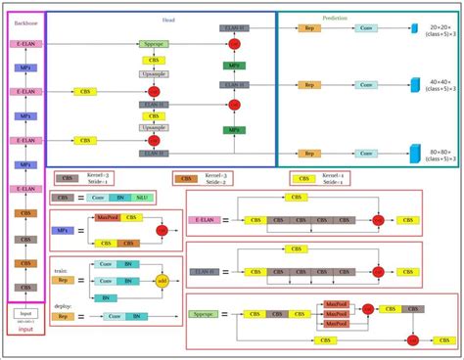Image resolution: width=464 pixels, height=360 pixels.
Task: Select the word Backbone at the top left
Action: [26, 20]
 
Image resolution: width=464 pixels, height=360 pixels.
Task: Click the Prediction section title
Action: [336, 18]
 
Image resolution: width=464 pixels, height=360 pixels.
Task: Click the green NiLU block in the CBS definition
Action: [143, 199]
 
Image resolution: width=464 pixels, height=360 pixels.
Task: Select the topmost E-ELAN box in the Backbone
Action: [26, 45]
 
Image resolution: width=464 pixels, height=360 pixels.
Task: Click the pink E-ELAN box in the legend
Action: [201, 221]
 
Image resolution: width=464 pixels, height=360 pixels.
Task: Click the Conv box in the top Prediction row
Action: [365, 29]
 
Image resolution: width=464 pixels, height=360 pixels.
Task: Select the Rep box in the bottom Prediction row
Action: [308, 154]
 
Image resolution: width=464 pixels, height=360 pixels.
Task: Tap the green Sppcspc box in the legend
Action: [201, 315]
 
